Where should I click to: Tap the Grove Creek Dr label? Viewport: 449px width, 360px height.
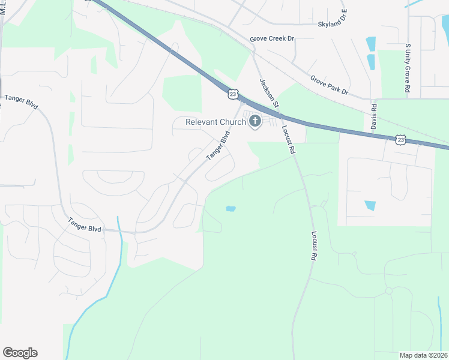[x=273, y=38]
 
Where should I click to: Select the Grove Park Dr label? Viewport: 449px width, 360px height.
[x=329, y=85]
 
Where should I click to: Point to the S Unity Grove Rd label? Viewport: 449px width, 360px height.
[x=408, y=68]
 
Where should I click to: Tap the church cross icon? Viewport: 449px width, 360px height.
[x=255, y=122]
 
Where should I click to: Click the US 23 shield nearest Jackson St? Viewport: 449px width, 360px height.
[x=233, y=94]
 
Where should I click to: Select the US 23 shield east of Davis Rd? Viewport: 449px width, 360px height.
[x=400, y=139]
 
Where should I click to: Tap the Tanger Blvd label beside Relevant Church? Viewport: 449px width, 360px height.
[x=218, y=146]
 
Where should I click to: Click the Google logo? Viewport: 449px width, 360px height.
[x=20, y=353]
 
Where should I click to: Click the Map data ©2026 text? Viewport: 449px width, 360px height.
[x=423, y=355]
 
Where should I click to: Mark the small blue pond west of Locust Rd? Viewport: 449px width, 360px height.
[x=230, y=209]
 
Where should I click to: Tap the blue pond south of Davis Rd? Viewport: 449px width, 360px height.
[x=370, y=205]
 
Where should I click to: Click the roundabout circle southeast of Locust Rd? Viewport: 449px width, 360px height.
[x=388, y=290]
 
